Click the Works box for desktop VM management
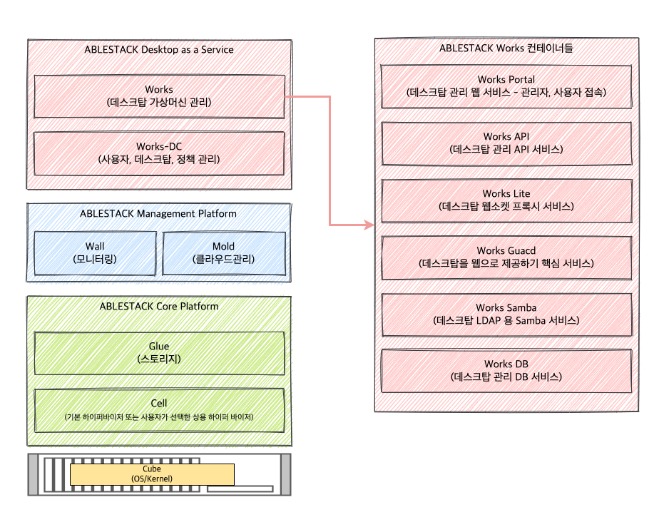pyautogui.click(x=159, y=96)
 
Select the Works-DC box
pyautogui.click(x=159, y=153)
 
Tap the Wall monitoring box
pyautogui.click(x=95, y=252)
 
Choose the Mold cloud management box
pyautogui.click(x=223, y=252)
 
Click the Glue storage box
pyautogui.click(x=159, y=352)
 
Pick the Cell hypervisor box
pyautogui.click(x=159, y=409)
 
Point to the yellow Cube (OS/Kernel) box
pyautogui.click(x=152, y=474)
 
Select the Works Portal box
pyautogui.click(x=506, y=86)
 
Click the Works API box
pyautogui.click(x=506, y=143)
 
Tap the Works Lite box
pyautogui.click(x=506, y=200)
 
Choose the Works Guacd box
pyautogui.click(x=506, y=257)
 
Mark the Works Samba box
pyautogui.click(x=506, y=314)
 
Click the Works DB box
pyautogui.click(x=506, y=370)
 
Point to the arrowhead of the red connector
pyautogui.click(x=370, y=225)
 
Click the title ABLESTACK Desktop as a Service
pyautogui.click(x=159, y=50)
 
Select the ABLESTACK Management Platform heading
pyautogui.click(x=158, y=213)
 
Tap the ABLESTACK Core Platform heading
pyautogui.click(x=159, y=307)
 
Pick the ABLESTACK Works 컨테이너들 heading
pyautogui.click(x=506, y=49)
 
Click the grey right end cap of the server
pyautogui.click(x=285, y=474)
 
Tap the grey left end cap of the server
pyautogui.click(x=34, y=474)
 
